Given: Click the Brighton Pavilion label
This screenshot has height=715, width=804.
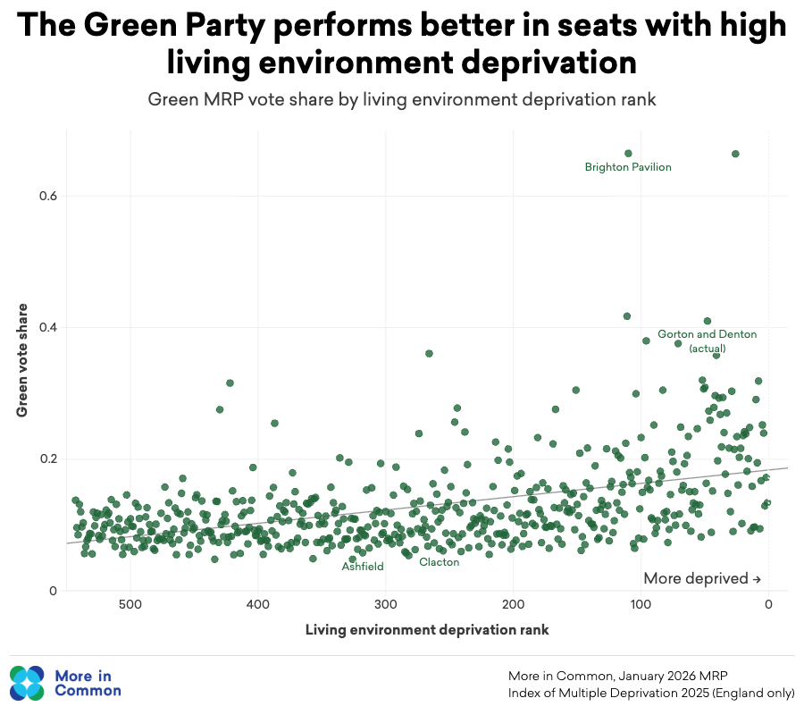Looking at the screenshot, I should click(x=628, y=167).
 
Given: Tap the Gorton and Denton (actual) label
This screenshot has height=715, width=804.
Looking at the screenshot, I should click(x=707, y=341).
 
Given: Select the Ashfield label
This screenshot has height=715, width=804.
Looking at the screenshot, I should click(x=363, y=567).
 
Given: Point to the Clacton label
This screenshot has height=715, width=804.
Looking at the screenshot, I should click(x=439, y=562).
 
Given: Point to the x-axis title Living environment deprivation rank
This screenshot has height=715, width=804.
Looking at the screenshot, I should click(x=427, y=630).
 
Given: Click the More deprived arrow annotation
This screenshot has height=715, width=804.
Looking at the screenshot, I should click(x=701, y=578).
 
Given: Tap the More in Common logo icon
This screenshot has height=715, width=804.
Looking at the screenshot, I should click(x=27, y=684).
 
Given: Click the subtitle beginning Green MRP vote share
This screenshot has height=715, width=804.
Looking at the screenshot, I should click(x=402, y=99).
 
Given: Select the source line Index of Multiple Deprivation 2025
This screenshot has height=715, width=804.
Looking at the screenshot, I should click(x=654, y=693).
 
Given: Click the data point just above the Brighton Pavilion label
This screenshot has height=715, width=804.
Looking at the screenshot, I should click(x=628, y=154).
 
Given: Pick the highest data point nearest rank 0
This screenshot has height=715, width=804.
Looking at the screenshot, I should click(x=735, y=154).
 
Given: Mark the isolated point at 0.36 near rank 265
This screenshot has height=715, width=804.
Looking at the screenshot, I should click(x=429, y=354).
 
